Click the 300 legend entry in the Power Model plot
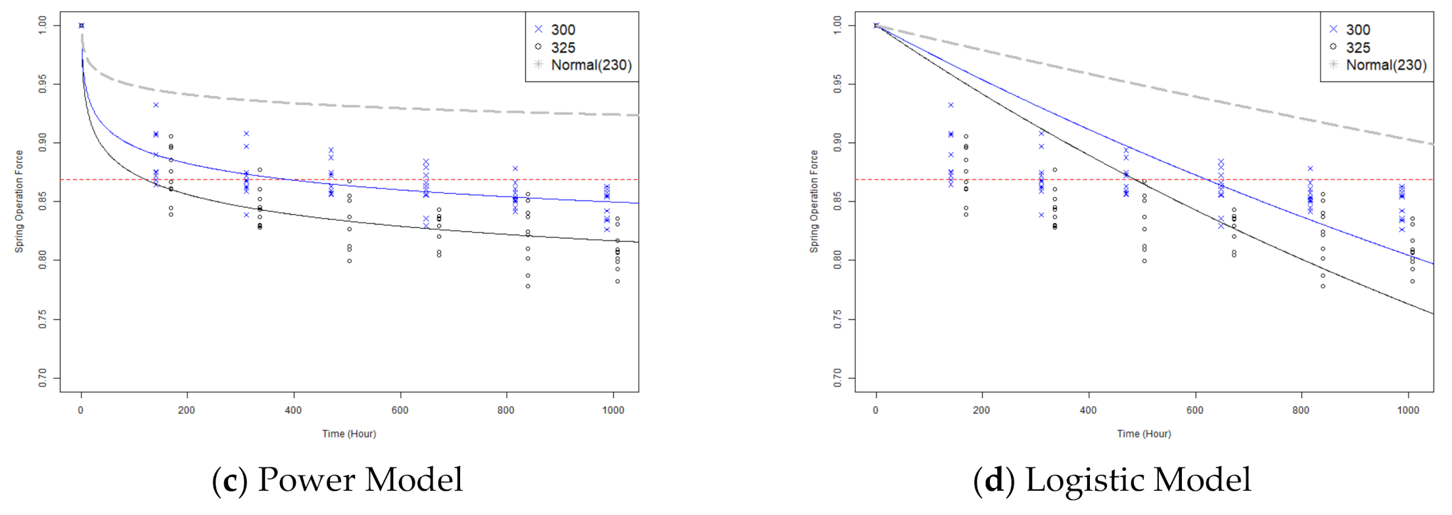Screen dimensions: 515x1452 [x=563, y=30]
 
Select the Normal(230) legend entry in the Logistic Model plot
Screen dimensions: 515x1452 [x=1386, y=65]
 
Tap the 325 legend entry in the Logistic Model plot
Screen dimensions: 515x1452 [x=1357, y=47]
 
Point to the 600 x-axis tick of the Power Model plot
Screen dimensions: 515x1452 [x=400, y=410]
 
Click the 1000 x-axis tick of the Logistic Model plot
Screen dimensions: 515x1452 [x=1408, y=410]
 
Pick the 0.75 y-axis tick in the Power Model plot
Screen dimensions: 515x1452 [x=43, y=319]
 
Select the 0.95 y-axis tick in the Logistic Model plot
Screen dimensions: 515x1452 [x=837, y=84]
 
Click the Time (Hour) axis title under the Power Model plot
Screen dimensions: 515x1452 [x=348, y=434]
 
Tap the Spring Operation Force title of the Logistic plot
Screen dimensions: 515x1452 [x=814, y=201]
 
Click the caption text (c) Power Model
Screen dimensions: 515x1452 [x=337, y=480]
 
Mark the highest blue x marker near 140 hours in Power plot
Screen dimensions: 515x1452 [x=156, y=105]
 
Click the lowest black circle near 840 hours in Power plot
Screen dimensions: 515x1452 [x=528, y=286]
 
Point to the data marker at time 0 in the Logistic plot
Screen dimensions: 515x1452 [x=876, y=26]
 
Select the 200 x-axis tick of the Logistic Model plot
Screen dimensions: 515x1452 [x=981, y=410]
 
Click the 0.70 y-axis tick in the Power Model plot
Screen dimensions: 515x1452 [x=43, y=378]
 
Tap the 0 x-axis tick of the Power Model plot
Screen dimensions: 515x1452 [x=81, y=410]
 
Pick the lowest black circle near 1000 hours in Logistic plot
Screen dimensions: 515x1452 [x=1412, y=281]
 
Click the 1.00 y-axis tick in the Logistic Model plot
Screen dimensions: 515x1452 [x=837, y=26]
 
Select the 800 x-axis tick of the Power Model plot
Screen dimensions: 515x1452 [x=506, y=410]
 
